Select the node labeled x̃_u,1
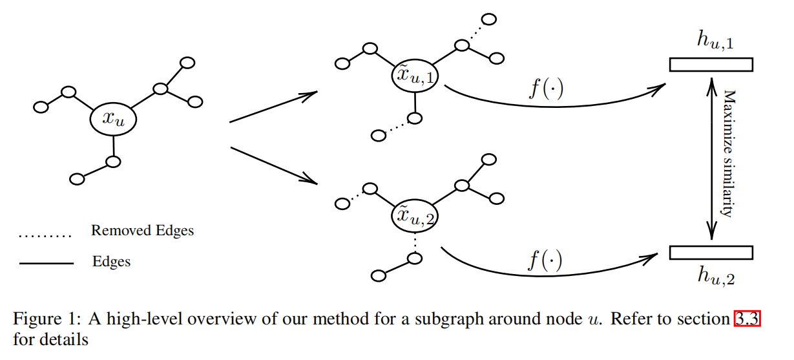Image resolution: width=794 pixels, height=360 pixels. [415, 76]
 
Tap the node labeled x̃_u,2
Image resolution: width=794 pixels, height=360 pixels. [415, 217]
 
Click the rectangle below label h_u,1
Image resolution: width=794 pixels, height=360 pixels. [711, 65]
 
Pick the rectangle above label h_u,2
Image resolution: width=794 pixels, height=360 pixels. [711, 252]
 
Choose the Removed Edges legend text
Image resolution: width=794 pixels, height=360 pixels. [142, 231]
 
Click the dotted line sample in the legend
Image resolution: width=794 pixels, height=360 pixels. [45, 236]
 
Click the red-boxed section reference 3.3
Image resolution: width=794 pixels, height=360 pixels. [747, 319]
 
